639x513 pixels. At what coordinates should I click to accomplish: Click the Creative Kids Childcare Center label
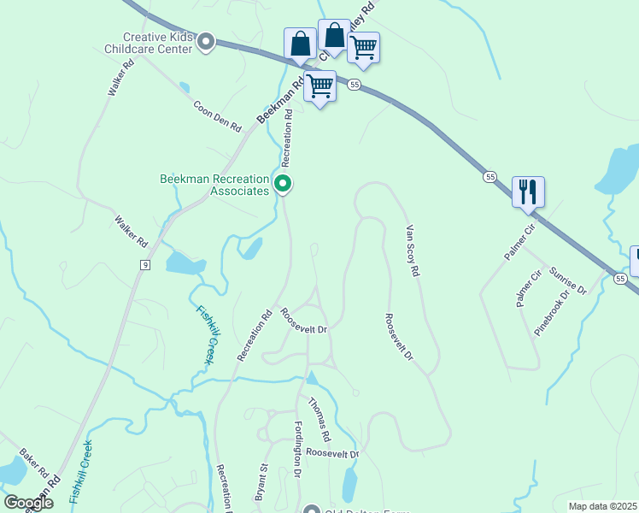(158, 43)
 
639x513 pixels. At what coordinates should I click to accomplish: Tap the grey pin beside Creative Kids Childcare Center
(205, 41)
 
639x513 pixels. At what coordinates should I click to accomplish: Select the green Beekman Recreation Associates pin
(283, 184)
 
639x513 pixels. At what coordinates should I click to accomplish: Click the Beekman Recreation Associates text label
(214, 185)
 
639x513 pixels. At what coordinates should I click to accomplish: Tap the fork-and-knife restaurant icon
(528, 192)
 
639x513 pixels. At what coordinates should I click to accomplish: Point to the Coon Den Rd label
(217, 115)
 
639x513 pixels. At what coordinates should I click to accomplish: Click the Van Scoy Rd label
(413, 251)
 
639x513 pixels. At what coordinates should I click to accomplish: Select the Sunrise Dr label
(568, 279)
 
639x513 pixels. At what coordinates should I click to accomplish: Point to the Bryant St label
(261, 481)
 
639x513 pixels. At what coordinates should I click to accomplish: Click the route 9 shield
(146, 266)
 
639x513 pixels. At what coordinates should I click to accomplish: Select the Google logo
(28, 503)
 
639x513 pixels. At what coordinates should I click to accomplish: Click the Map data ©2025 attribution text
(602, 506)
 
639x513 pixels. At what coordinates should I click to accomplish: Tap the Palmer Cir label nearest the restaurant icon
(519, 242)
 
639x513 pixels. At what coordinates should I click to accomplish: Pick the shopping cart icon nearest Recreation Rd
(319, 86)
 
